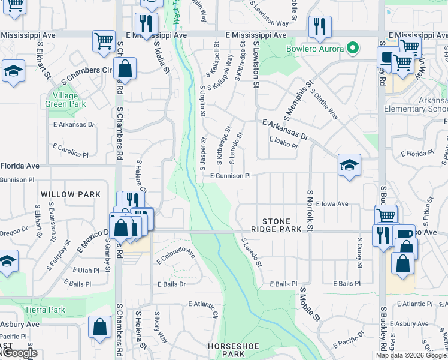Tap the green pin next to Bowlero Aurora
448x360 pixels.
(353, 48)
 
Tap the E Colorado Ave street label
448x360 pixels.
(175, 256)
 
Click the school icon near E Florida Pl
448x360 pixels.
(349, 165)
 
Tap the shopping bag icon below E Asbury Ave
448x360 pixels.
(99, 327)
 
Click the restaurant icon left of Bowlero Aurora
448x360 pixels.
(319, 26)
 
